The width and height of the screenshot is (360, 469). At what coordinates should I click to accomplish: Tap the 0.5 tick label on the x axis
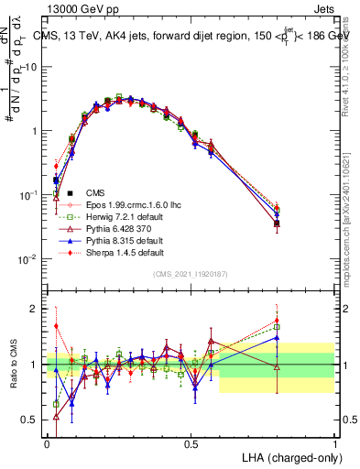[x=191, y=442]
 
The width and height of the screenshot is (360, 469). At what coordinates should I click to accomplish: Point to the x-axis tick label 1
[x=335, y=442]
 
